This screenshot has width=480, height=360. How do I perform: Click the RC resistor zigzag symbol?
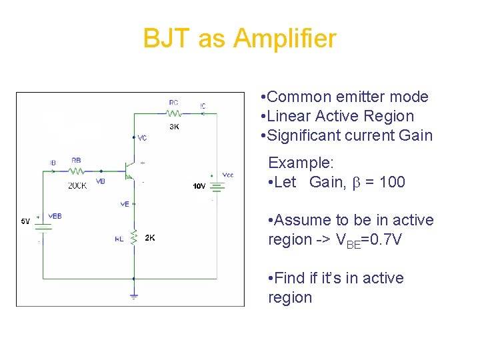174,113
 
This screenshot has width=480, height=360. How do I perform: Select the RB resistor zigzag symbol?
77,171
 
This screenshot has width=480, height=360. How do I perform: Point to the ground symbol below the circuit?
133,294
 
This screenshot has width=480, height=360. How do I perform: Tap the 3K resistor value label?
174,126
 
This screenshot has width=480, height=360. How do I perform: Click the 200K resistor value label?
77,186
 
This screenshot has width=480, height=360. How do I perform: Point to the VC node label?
142,138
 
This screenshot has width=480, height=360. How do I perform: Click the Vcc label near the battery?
228,175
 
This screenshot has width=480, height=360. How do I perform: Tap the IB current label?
53,162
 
